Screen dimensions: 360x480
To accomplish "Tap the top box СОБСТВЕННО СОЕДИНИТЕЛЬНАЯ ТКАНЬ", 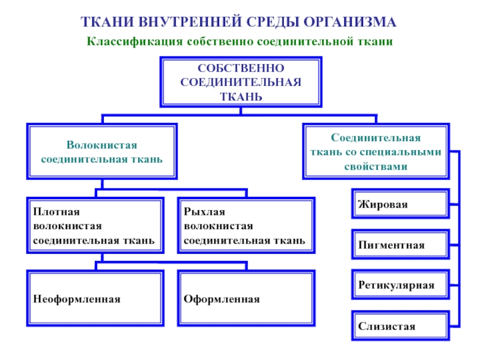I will pyautogui.click(x=240, y=82).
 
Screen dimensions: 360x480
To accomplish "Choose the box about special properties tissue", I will pyautogui.click(x=376, y=151).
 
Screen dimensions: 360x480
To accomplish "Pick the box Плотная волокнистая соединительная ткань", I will pyautogui.click(x=95, y=226).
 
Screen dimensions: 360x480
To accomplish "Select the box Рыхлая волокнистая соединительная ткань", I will pyautogui.click(x=245, y=226).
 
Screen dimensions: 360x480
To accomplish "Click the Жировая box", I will pyautogui.click(x=399, y=205).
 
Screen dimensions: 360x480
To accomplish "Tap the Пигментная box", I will pyautogui.click(x=399, y=245).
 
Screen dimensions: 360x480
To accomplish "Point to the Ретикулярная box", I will pyautogui.click(x=399, y=285).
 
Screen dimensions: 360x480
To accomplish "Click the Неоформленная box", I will pyautogui.click(x=95, y=298).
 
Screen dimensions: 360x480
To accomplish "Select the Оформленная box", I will pyautogui.click(x=245, y=298).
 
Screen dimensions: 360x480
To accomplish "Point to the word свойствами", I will pyautogui.click(x=376, y=166).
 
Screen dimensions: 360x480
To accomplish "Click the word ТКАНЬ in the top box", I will pyautogui.click(x=240, y=96).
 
